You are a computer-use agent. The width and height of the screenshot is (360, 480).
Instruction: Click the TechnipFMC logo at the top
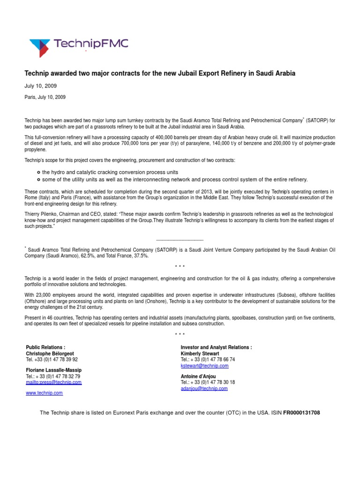coord(78,45)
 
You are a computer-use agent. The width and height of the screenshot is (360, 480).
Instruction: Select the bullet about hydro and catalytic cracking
coord(110,172)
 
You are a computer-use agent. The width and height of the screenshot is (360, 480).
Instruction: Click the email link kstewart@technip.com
coord(204,366)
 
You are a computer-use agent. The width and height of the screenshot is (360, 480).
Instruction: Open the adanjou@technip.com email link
coord(204,389)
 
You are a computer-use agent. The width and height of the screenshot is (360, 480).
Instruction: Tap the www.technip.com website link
coord(44,393)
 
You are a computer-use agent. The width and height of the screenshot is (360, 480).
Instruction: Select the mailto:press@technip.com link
coord(53,382)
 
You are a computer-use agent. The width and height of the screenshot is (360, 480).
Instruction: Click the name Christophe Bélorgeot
coord(50,353)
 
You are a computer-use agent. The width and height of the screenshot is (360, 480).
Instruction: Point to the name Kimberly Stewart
coord(200,353)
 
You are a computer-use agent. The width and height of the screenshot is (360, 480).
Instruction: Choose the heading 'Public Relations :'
coord(45,347)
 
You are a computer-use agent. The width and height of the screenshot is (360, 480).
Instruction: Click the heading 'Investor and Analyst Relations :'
coord(216,347)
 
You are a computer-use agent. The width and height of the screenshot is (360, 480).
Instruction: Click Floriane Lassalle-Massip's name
coord(53,370)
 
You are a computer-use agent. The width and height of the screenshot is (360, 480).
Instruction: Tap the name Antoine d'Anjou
coord(198,376)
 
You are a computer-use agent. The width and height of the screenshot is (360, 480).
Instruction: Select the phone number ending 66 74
coord(208,360)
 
